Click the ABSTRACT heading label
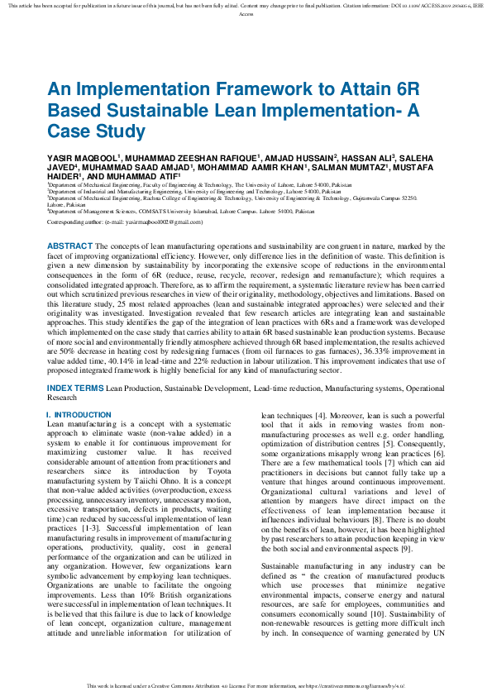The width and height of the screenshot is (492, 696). coord(69,246)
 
